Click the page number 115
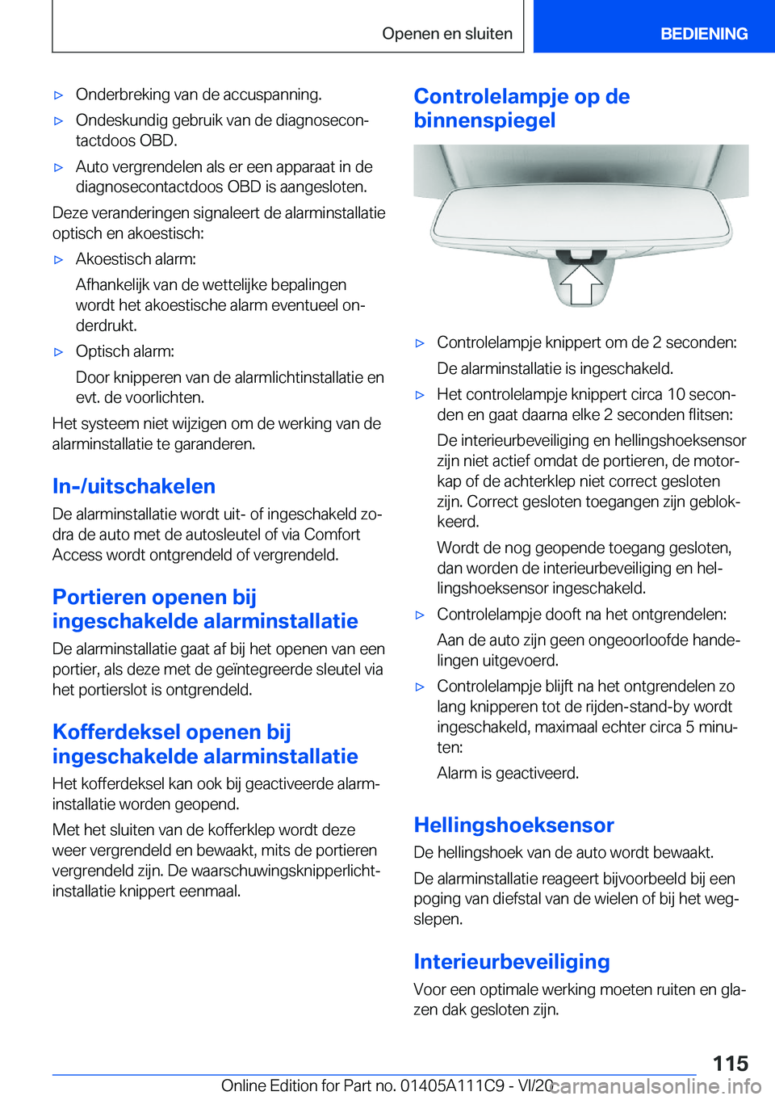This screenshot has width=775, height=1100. tap(730, 1063)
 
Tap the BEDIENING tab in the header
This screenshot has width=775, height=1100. tap(703, 34)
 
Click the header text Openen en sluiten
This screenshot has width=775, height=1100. tap(447, 34)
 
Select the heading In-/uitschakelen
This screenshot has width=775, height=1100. tap(134, 486)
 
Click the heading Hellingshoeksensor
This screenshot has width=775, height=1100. tap(513, 825)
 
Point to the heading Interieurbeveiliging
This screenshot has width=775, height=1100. tap(511, 961)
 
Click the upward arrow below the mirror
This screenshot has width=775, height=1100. tap(580, 285)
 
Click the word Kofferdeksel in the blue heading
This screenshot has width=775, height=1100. tap(116, 732)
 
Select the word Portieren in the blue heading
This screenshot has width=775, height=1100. tap(98, 597)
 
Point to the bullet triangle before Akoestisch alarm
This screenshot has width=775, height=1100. tap(58, 260)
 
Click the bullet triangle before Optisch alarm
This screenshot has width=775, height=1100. tap(58, 352)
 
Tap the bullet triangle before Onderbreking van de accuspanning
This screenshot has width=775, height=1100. tap(58, 95)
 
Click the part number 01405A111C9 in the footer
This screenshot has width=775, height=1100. tap(453, 1085)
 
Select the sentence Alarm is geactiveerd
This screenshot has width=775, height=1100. tap(508, 773)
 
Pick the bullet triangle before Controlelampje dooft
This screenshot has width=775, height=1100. tap(420, 615)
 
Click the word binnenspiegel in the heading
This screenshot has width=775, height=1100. tap(484, 120)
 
